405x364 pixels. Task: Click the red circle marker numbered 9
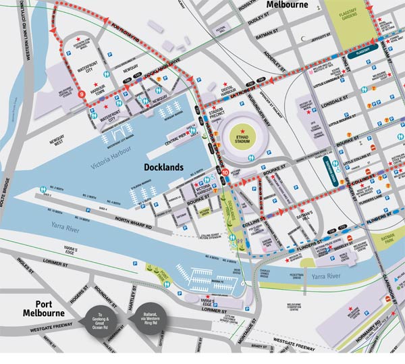click(82, 95)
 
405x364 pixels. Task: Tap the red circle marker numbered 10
click(225, 172)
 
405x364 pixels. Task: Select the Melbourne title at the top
click(286, 5)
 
